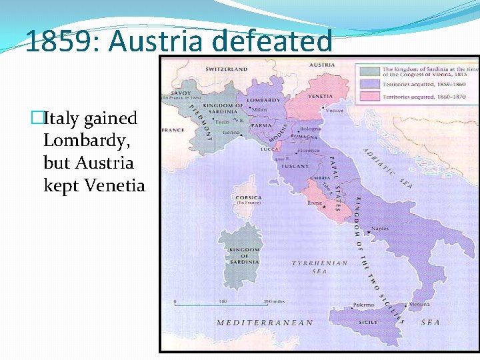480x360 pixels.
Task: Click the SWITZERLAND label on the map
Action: point(226,69)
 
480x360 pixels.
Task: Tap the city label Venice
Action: point(335,110)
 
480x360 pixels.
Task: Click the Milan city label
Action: point(259,109)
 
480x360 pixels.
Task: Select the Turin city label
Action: point(223,122)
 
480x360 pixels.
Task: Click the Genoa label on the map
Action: point(231,133)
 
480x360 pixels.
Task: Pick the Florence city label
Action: point(309,151)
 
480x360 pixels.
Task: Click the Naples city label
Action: point(380,229)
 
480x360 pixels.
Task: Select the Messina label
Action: point(420,304)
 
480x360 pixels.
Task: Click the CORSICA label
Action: point(248,197)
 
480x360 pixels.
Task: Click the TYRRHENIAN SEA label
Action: point(320,267)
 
